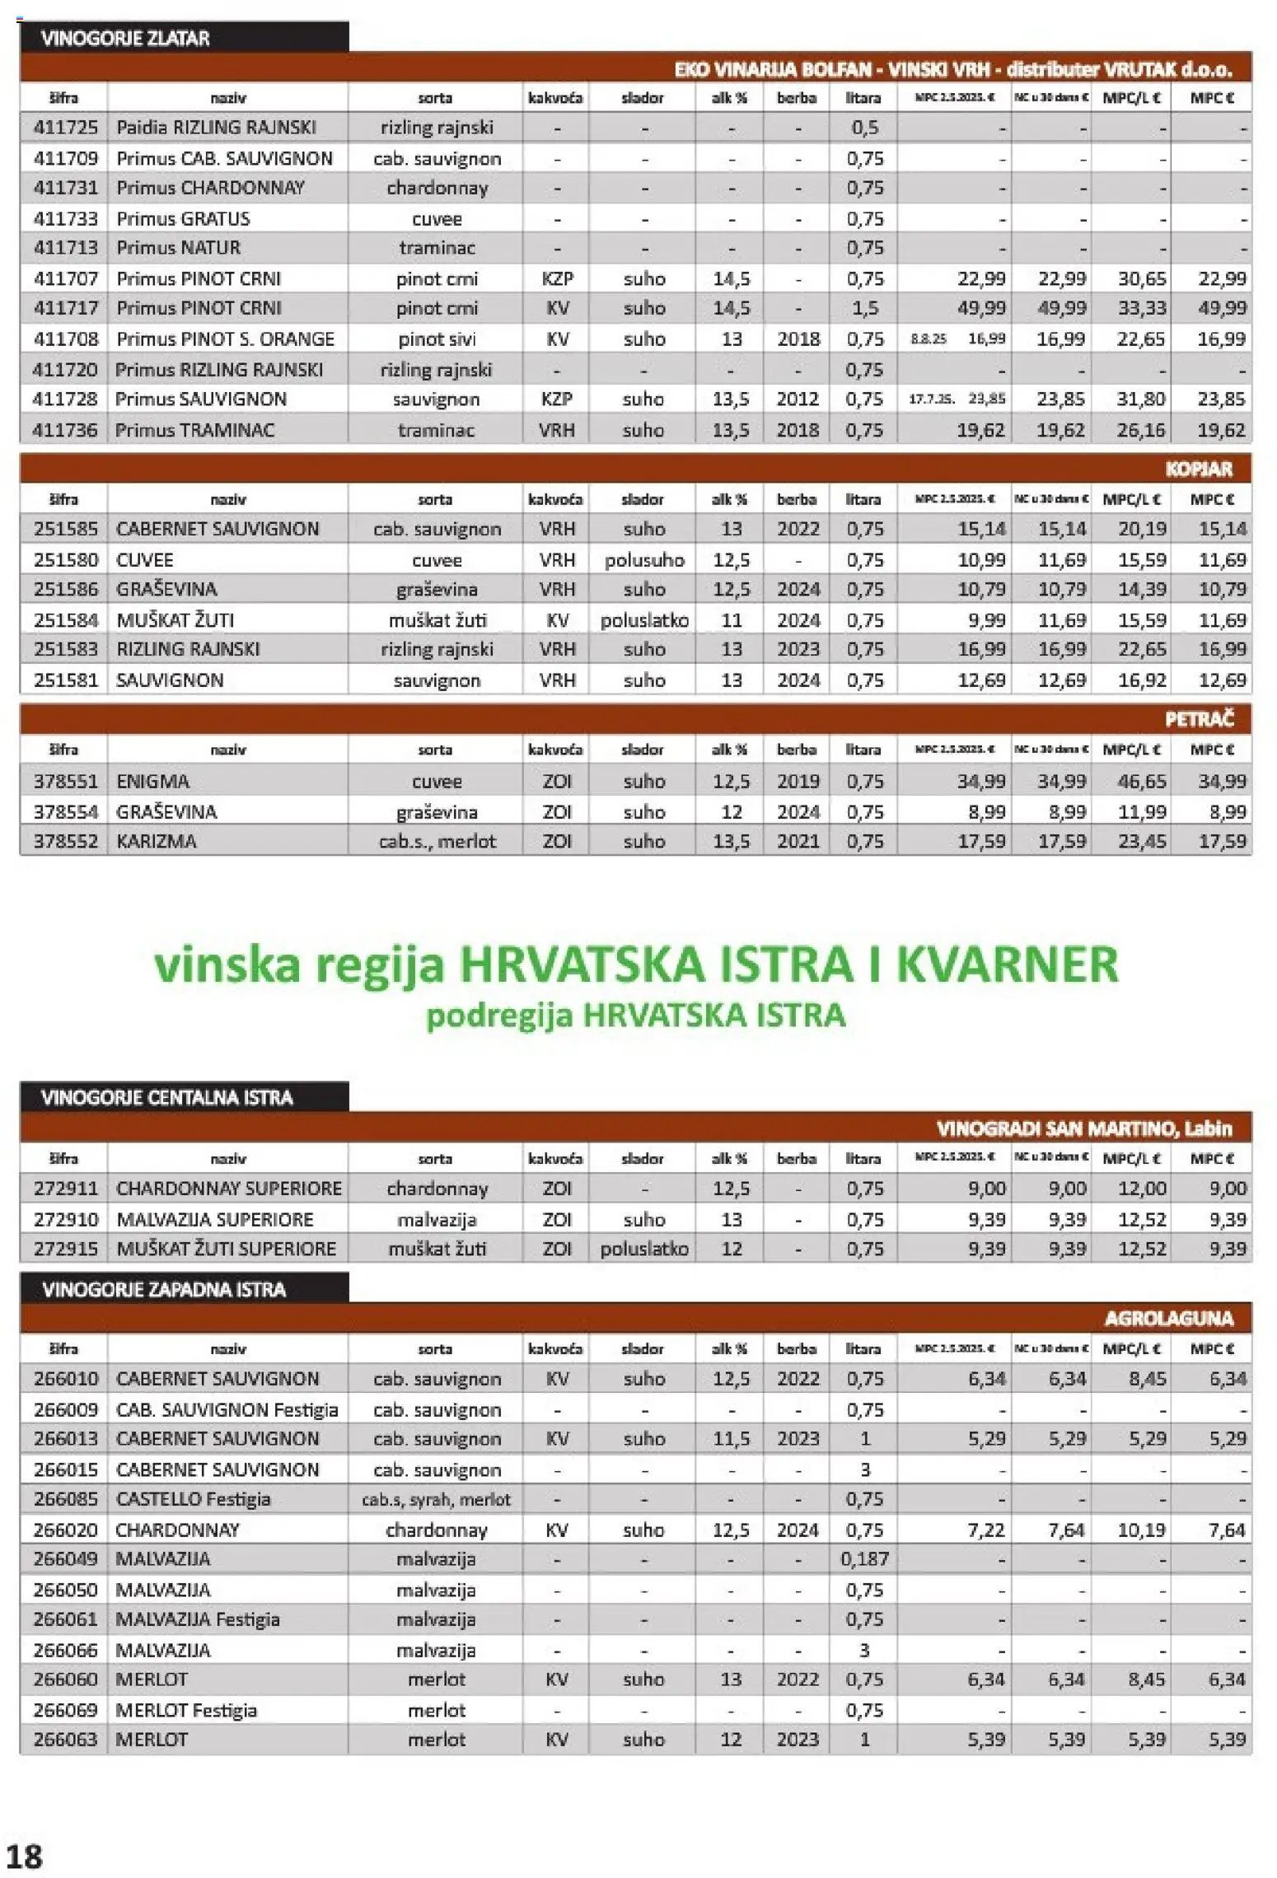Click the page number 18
(x=24, y=1855)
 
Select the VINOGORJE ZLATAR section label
(x=125, y=38)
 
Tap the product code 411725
(x=65, y=128)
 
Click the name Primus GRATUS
(x=183, y=218)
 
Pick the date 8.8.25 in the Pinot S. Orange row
(x=928, y=339)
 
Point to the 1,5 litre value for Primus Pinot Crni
(x=863, y=308)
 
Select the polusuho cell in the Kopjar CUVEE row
(x=644, y=560)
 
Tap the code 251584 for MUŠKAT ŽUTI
(x=65, y=619)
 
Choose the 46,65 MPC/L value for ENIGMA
(x=1141, y=781)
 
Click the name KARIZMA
(x=157, y=841)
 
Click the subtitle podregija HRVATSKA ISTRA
(x=635, y=1015)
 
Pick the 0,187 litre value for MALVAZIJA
(x=863, y=1559)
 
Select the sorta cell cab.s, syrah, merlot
(x=436, y=1499)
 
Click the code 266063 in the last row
(x=65, y=1740)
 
